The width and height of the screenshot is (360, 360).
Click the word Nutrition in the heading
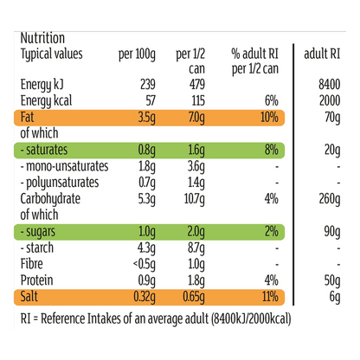click(42, 38)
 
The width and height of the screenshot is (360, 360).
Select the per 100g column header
click(137, 55)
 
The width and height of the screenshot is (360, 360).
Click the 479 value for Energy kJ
click(197, 84)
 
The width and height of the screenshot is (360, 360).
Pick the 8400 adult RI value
click(330, 84)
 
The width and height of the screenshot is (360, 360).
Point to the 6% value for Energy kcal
click(272, 100)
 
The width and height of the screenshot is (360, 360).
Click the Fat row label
click(27, 117)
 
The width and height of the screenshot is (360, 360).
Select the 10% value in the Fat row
click(269, 117)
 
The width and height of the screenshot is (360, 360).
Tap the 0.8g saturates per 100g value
click(146, 151)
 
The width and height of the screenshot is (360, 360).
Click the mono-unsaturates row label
click(64, 166)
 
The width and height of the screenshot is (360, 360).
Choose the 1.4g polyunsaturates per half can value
click(196, 183)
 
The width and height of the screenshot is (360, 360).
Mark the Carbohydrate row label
click(50, 199)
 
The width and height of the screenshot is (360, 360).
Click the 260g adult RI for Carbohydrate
click(330, 200)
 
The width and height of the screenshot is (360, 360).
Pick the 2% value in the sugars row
click(272, 231)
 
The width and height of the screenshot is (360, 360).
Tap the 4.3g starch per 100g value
click(146, 248)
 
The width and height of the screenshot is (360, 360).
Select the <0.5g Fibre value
click(144, 265)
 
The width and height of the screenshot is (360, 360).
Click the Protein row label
click(36, 280)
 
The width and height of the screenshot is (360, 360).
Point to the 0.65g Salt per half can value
click(194, 298)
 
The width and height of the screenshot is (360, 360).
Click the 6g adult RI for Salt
click(335, 298)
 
